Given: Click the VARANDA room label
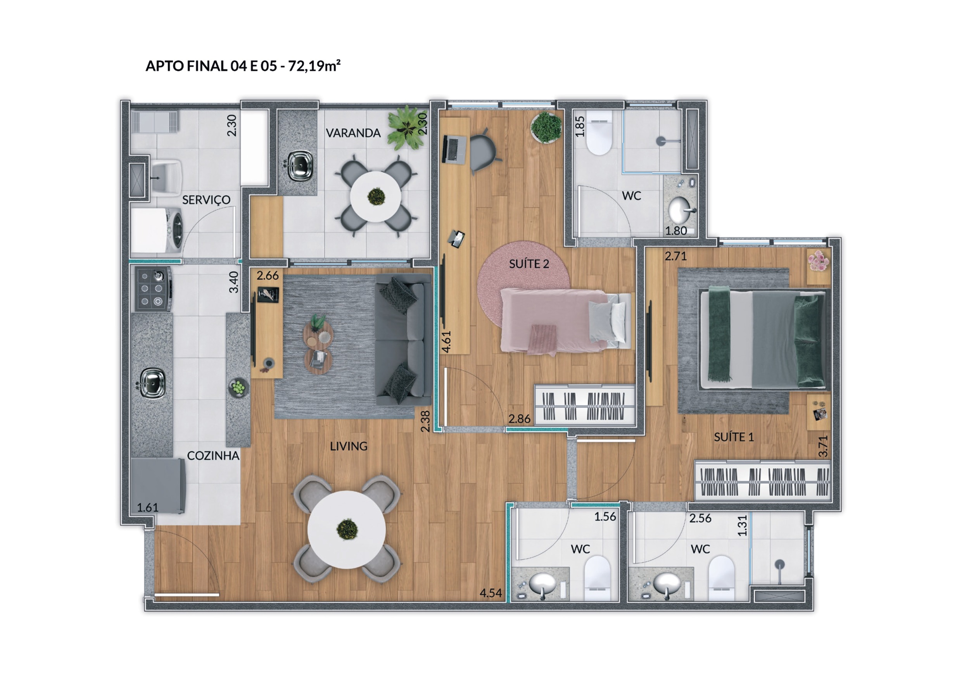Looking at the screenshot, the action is click(353, 133).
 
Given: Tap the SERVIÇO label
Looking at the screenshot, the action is click(206, 200).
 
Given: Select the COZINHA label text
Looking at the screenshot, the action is click(213, 456).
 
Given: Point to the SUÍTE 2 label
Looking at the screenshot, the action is click(529, 264).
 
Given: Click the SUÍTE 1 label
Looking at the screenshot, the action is click(734, 437).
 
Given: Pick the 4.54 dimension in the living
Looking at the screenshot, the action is click(490, 593).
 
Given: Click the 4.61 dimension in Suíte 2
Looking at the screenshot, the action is click(446, 342).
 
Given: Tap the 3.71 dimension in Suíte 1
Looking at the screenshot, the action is click(823, 446).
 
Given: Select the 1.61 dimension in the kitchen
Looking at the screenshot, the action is click(147, 507).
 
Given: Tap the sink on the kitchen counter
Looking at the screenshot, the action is click(152, 383).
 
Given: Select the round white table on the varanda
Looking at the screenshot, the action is click(376, 197).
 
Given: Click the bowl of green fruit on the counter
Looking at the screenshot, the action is click(238, 387).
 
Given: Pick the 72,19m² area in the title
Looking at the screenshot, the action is click(314, 66).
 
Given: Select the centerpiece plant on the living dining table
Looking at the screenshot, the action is click(347, 529).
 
